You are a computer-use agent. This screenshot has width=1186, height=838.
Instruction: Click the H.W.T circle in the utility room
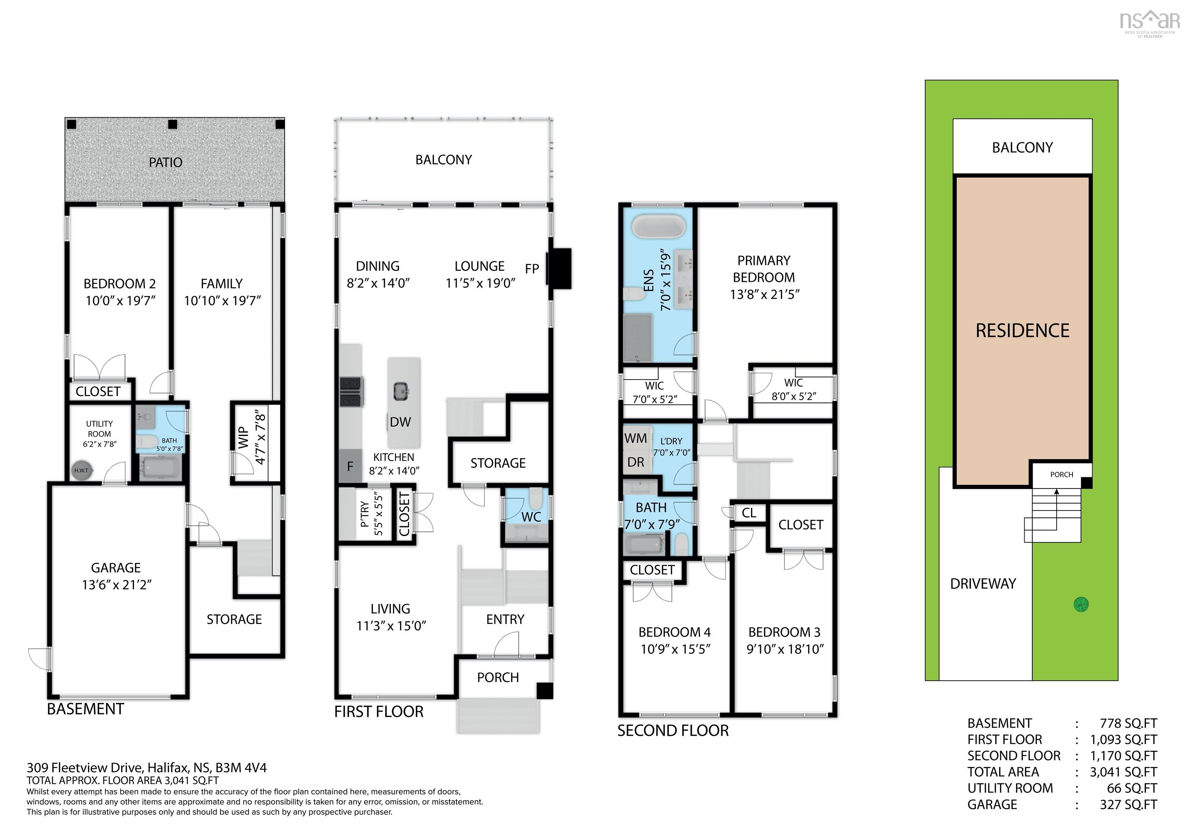click(x=81, y=470)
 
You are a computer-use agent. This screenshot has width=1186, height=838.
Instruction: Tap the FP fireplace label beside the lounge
click(x=532, y=269)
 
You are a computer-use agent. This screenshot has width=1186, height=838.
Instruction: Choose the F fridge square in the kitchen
click(x=350, y=466)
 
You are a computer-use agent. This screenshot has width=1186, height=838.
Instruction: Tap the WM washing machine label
click(x=635, y=438)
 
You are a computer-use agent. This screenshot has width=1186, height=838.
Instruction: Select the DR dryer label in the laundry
click(x=635, y=462)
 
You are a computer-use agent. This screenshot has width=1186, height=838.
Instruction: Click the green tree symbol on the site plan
click(x=1081, y=604)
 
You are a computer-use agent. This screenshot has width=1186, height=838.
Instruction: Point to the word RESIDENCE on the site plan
click(x=1022, y=330)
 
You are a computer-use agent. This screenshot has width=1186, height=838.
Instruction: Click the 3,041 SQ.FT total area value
click(x=1123, y=772)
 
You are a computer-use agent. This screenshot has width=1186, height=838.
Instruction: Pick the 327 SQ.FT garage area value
click(x=1128, y=804)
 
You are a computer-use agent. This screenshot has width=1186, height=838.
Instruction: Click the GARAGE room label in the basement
click(x=116, y=568)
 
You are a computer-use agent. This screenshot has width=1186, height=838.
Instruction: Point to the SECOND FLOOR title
click(x=673, y=731)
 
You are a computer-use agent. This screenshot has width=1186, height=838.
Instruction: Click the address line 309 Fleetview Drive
click(x=147, y=768)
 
